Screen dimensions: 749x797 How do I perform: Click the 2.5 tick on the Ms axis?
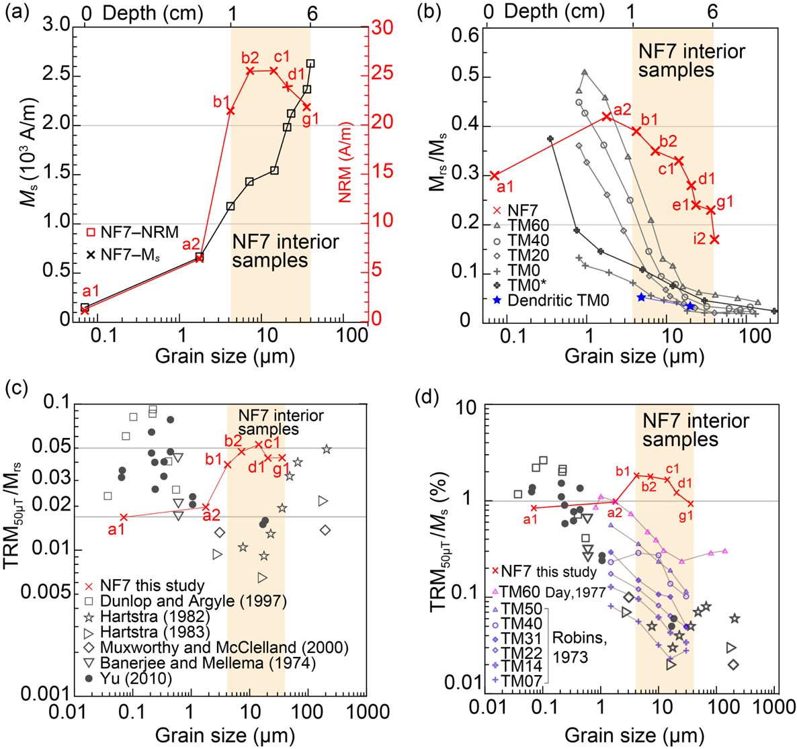(x=64, y=75)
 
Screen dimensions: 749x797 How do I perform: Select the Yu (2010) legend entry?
(x=135, y=678)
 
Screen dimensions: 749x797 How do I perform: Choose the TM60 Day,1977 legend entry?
(x=550, y=591)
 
